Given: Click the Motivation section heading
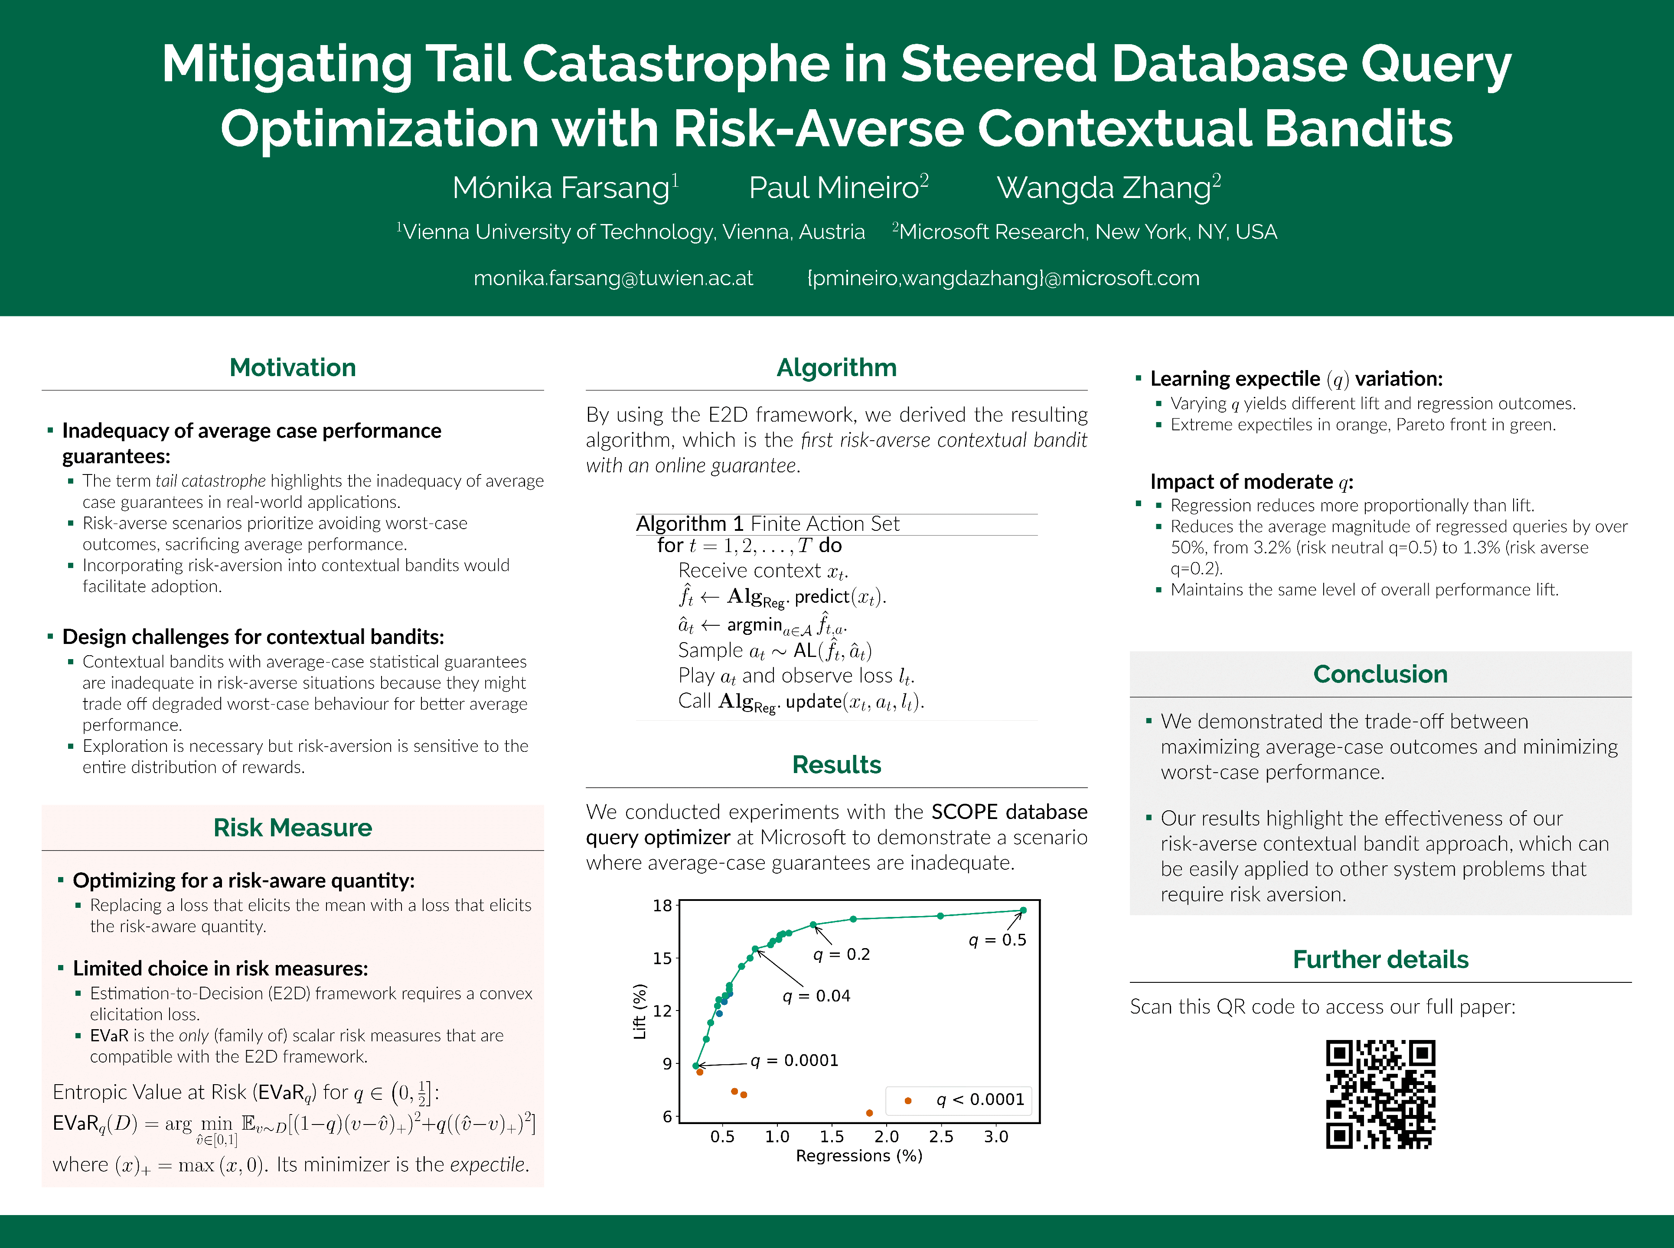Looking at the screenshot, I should click(293, 368).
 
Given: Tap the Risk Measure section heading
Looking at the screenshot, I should click(293, 828).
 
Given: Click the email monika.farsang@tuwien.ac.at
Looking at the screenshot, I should click(613, 279).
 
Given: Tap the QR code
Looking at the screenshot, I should click(1380, 1094).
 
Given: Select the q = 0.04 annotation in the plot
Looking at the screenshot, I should click(816, 996).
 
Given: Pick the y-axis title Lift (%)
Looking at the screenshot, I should click(640, 1011).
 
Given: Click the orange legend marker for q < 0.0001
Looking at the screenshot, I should click(907, 1101).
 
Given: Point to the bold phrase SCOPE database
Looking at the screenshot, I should click(1009, 812).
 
